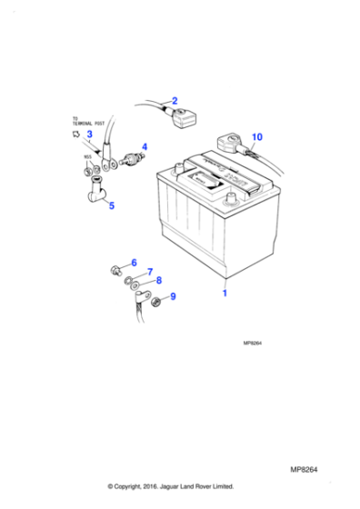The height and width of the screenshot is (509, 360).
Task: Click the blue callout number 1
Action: pos(224,294)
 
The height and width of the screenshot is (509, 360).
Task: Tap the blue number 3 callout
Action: pos(89,135)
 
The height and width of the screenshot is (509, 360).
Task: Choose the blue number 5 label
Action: pos(112,206)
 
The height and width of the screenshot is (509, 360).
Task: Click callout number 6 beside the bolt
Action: pos(134,263)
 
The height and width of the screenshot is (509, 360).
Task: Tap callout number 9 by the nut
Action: pos(173,295)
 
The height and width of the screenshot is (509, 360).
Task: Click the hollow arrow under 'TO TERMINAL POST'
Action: pos(75,133)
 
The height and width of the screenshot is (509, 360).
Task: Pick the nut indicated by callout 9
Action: pos(156,302)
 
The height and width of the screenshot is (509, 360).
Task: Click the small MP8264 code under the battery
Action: pos(254,344)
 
